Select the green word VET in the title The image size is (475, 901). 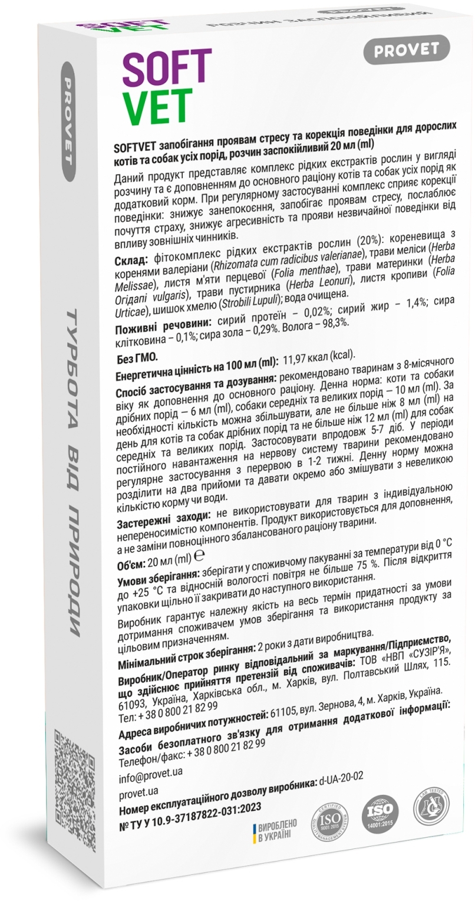[x=157, y=107]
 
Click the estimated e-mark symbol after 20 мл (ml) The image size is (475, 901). [x=199, y=555]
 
